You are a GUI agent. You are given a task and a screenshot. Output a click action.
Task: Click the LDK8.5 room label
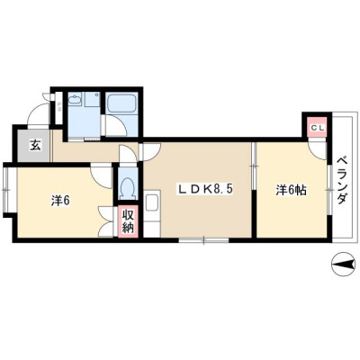pos(205,189)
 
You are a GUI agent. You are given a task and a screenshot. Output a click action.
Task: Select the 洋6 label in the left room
pos(60,201)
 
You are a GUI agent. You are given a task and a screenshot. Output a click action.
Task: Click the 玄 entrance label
pos(35,146)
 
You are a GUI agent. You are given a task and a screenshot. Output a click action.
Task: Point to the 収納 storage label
pos(128,220)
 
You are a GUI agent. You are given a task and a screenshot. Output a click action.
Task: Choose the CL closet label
pos(317,128)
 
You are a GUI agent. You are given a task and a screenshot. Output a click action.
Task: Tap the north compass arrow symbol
pos(345,265)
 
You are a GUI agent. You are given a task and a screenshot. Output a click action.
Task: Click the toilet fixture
pos(128,187)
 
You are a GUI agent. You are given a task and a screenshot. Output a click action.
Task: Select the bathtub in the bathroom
pos(121,103)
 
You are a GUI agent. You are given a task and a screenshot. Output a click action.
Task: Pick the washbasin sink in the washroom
pos(75,99)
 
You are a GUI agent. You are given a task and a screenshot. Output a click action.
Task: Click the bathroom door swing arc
pos(120,123)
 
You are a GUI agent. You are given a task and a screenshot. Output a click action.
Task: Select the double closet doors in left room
pos(107,221)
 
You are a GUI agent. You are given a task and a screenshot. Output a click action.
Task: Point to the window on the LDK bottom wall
pos(204,240)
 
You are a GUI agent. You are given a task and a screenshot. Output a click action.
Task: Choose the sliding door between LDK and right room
pos(254,166)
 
